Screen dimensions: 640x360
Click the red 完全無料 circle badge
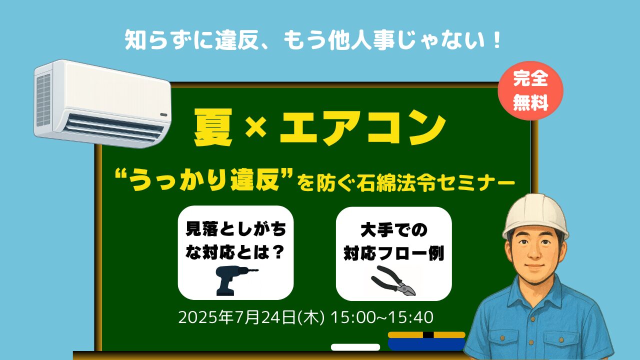pos(530,91)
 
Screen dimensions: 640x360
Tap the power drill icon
pos(234,280)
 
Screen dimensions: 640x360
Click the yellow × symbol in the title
pos(255,128)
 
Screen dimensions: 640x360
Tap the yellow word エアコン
pos(363,127)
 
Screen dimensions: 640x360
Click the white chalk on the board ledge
pos(355,347)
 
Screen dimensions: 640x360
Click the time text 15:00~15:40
pos(381,317)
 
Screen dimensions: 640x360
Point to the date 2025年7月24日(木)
pos(251,317)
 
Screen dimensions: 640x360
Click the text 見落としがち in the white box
pos(235,229)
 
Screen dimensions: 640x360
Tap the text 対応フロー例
pos(393,253)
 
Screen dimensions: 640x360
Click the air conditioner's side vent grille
pos(43,100)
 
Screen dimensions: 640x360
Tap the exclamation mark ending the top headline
pos(496,40)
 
